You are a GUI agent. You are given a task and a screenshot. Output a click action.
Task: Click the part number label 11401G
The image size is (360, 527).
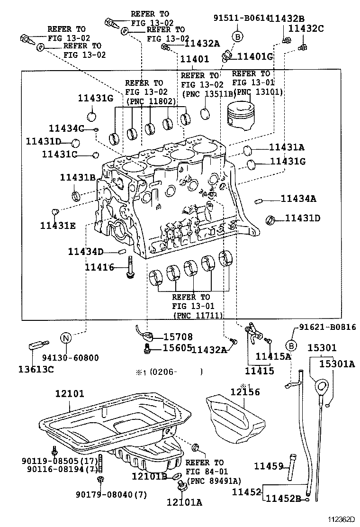click(256, 56)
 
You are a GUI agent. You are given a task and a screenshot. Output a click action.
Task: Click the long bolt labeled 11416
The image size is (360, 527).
click(129, 268)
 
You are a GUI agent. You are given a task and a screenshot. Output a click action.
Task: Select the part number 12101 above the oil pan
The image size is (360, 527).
click(69, 393)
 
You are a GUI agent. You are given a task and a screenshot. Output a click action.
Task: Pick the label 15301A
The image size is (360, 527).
click(336, 364)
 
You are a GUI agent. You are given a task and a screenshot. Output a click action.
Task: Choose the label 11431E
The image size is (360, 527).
click(57, 225)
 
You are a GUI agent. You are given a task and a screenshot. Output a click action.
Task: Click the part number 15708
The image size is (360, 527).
click(178, 337)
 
